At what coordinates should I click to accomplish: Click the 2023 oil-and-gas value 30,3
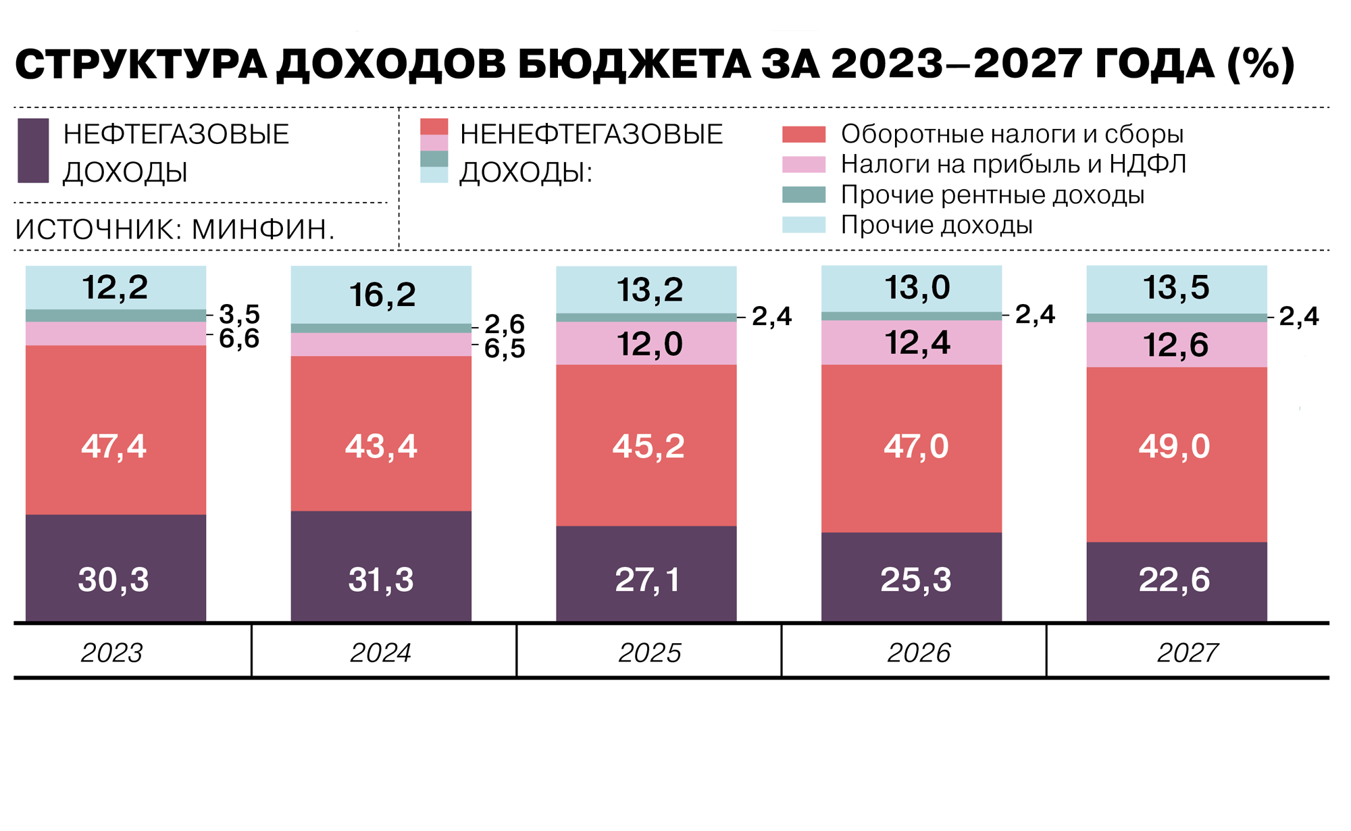(113, 580)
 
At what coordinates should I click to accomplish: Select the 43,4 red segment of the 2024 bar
(381, 446)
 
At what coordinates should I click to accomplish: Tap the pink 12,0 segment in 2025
(649, 344)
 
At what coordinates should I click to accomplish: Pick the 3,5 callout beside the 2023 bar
(239, 314)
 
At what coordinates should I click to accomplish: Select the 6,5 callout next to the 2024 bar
(505, 349)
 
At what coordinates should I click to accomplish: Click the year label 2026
(918, 653)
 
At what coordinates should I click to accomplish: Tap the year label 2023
(112, 653)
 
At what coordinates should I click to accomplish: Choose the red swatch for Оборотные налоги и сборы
(803, 134)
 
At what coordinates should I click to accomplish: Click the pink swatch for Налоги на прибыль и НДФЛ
(803, 164)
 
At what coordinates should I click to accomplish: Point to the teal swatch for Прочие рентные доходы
(803, 195)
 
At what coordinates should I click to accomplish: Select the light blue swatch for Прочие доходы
(803, 224)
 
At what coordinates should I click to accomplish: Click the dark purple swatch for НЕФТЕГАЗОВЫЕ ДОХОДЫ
(33, 151)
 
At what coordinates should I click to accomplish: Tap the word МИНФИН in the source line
(263, 230)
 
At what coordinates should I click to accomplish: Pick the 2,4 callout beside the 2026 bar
(1035, 314)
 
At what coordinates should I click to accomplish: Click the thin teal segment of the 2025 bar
(646, 318)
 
